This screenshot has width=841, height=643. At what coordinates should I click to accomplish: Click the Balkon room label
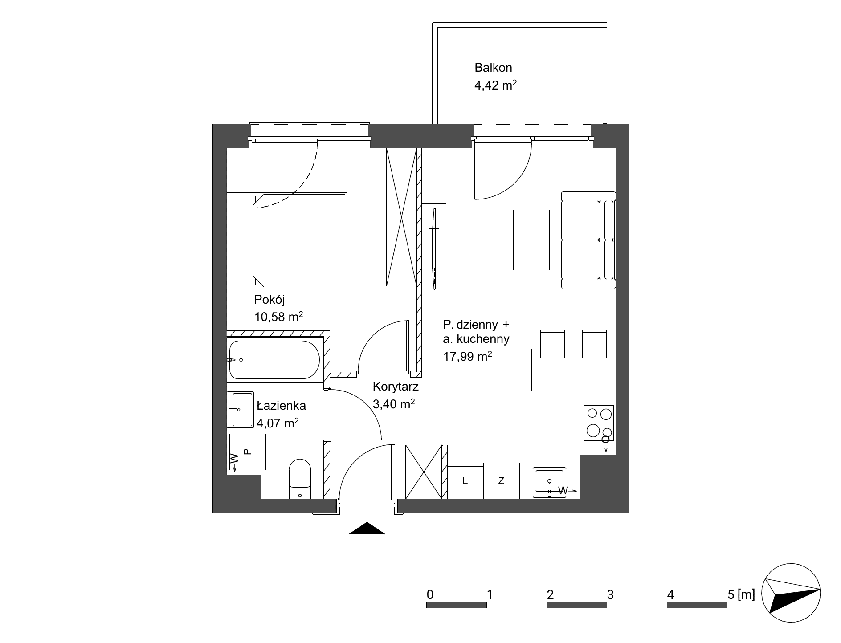click(x=493, y=68)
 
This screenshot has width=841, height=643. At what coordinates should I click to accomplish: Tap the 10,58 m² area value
click(x=278, y=317)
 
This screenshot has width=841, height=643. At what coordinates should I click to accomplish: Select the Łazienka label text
click(x=281, y=405)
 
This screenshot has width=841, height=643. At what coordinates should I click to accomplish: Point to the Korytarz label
click(x=396, y=386)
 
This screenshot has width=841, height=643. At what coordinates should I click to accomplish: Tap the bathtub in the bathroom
click(x=274, y=360)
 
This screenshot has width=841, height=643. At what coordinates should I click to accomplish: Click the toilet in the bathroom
click(x=300, y=479)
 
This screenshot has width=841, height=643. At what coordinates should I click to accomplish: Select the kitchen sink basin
click(x=550, y=481)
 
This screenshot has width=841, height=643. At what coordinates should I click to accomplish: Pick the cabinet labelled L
click(x=465, y=481)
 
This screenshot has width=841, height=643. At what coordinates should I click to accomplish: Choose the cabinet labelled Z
click(x=502, y=481)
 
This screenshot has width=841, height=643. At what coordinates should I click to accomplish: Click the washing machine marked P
click(x=247, y=452)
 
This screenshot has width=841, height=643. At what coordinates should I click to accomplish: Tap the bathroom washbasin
click(x=240, y=410)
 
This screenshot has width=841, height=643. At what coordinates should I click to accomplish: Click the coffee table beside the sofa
click(x=531, y=240)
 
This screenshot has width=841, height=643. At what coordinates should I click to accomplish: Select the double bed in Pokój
click(x=287, y=240)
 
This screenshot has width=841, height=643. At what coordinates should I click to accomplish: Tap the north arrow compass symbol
click(x=791, y=594)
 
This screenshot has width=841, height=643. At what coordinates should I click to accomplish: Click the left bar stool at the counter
click(x=552, y=343)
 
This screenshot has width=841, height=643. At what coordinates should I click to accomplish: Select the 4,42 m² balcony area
click(x=495, y=85)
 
